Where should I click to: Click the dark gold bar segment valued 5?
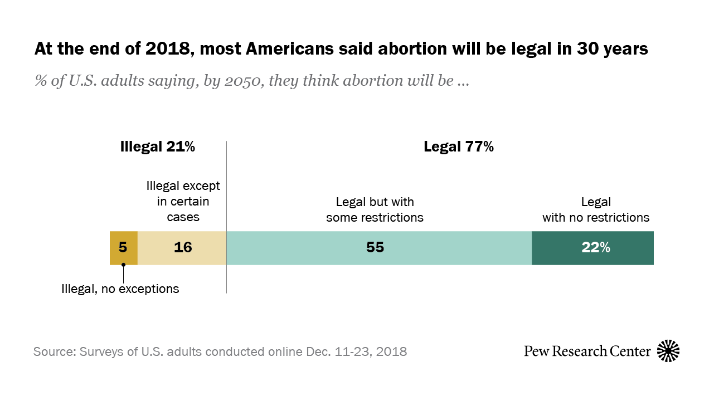coord(123,248)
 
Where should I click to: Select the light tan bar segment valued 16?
coord(182,248)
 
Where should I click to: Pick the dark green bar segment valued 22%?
coord(592,248)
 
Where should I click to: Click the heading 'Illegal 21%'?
coord(158,147)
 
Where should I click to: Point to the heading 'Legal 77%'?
coord(458,147)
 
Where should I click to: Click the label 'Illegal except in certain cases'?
coord(183,201)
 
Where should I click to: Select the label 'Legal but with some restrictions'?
coord(375,209)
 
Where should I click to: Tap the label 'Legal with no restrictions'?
coord(596,209)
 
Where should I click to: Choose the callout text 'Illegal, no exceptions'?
coord(120,288)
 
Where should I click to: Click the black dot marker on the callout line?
coord(123,265)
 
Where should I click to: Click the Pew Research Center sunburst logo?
coord(668,351)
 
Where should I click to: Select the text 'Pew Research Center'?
coord(587,351)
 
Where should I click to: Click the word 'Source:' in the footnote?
coord(55,352)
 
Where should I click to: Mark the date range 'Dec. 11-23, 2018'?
coord(356,352)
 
